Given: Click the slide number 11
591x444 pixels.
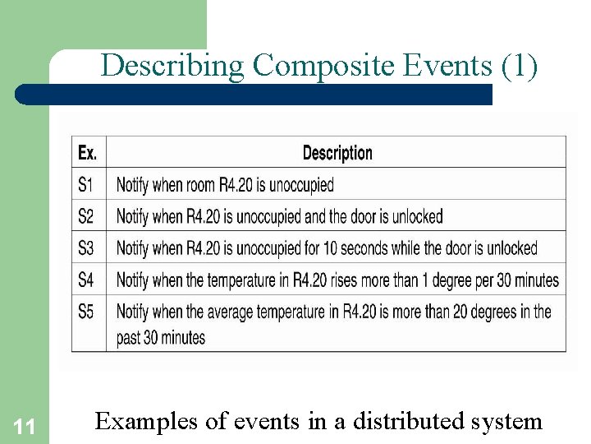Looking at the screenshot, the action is click(25, 426).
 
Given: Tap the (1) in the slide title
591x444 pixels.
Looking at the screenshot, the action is click(519, 66).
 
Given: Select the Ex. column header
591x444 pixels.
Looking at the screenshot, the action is click(87, 153).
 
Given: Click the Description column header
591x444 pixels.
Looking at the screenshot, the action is click(337, 153).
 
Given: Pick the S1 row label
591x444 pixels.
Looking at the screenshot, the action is click(86, 184).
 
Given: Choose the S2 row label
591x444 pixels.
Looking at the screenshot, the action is click(86, 216).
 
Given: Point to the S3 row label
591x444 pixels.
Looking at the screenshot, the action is click(86, 248).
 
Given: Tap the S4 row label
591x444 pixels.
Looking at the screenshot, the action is click(86, 280).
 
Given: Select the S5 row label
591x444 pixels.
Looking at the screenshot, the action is click(86, 312).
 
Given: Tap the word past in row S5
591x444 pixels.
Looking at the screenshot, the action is click(130, 338).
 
